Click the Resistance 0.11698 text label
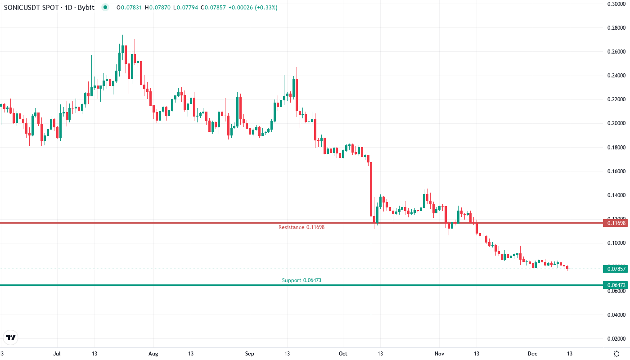tap(301, 227)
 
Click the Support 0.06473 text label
tap(301, 280)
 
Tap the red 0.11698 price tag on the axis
tap(615, 223)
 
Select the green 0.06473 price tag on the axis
tap(615, 285)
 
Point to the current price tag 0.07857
tap(615, 269)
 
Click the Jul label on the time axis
tap(57, 354)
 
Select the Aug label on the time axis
tap(153, 354)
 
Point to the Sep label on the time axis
tap(250, 354)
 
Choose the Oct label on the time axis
tap(343, 354)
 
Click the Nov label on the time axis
tap(439, 354)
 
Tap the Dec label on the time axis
tap(532, 354)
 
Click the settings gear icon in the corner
tap(616, 354)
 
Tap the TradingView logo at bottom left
tap(10, 337)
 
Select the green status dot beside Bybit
tap(105, 8)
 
